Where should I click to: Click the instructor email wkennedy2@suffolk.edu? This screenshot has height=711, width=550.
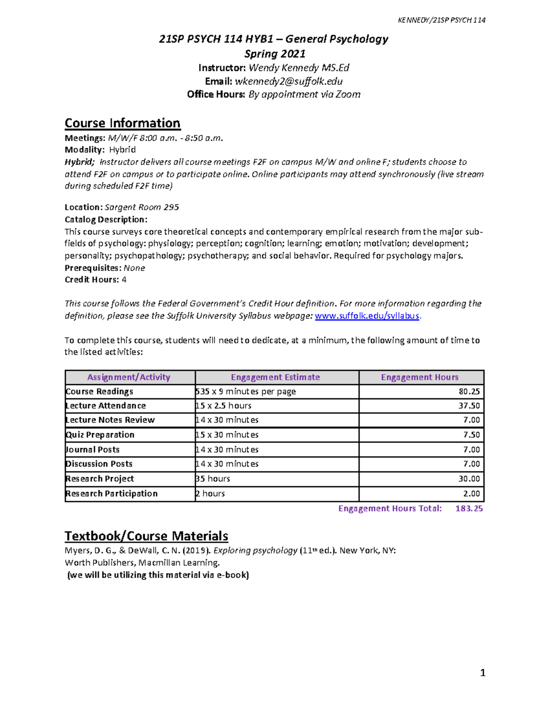288,81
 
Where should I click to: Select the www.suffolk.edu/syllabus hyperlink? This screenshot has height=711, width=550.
367,316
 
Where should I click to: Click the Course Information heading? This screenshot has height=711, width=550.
122,123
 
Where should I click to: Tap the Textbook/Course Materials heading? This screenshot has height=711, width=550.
146,536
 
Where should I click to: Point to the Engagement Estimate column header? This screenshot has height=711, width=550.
275,377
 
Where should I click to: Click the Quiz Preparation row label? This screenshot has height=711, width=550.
100,434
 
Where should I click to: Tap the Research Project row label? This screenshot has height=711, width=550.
100,478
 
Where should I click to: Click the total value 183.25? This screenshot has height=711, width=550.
469,508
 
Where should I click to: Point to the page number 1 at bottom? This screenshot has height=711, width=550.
482,673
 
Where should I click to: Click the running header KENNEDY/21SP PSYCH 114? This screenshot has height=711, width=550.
441,20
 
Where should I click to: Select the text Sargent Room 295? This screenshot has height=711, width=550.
142,207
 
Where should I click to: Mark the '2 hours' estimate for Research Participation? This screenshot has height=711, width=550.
210,494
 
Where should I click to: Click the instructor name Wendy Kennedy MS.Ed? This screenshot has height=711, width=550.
299,68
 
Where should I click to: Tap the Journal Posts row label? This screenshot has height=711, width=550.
93,450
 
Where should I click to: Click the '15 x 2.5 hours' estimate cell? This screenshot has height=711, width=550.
224,406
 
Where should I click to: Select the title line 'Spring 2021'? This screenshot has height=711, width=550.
275,54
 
